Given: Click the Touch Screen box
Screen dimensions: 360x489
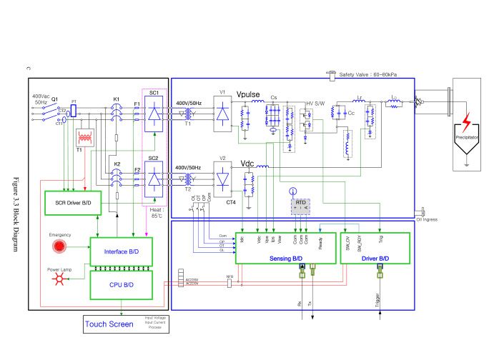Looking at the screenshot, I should tap(109, 324).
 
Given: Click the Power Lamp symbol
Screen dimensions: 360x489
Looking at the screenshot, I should tap(60, 280).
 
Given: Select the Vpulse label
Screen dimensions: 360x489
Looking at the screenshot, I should tap(250, 94).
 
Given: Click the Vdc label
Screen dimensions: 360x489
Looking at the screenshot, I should tap(248, 162).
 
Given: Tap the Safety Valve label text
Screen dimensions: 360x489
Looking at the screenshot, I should tap(372, 74).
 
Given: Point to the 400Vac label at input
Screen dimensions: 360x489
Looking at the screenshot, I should tap(41, 96).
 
